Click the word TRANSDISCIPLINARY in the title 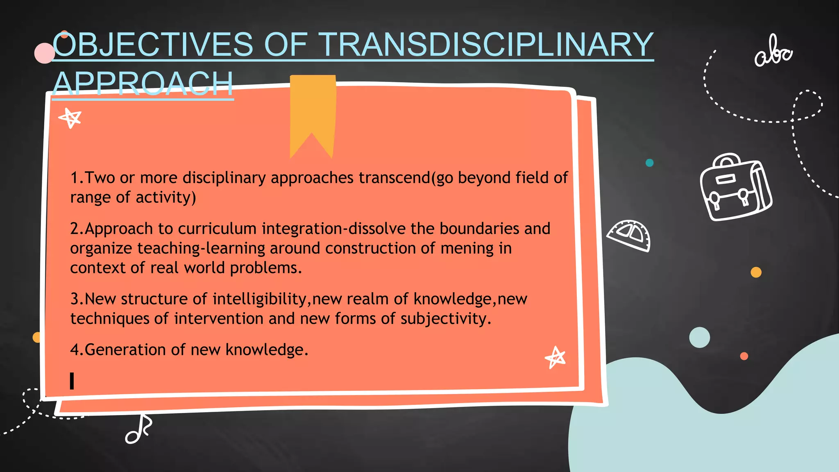coord(486,45)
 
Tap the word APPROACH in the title coord(143,84)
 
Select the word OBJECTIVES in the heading coord(153,45)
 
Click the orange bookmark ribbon coord(313,111)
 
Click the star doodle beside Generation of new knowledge coord(556,357)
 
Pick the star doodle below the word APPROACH coord(70,118)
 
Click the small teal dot coord(649,163)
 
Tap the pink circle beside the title coord(44,53)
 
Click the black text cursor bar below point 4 coord(72,381)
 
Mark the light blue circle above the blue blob coord(699,338)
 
